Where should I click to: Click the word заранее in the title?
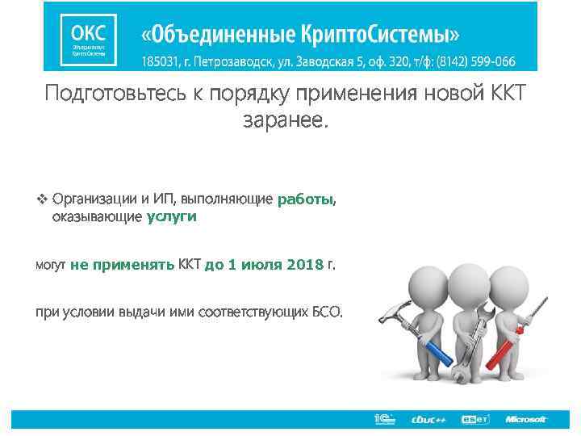click(283, 121)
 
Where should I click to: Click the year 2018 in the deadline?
click(304, 264)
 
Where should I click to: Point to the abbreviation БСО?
click(326, 311)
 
